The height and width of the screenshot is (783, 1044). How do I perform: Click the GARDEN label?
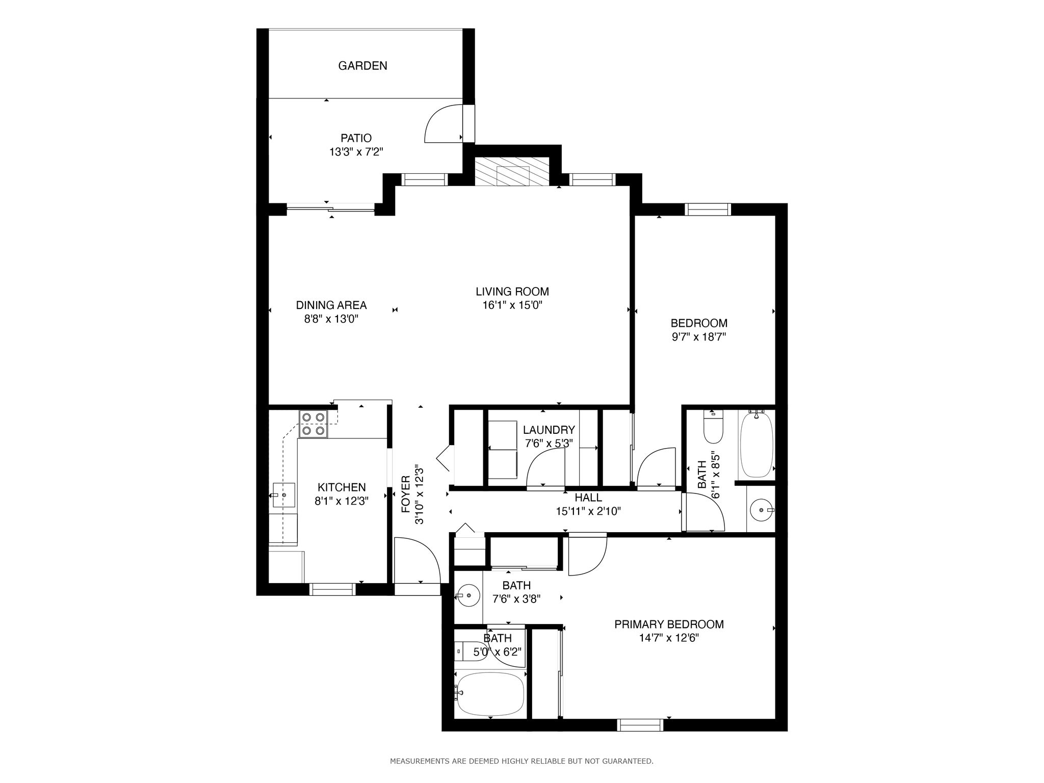point(362,66)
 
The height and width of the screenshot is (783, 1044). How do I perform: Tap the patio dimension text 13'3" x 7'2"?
point(356,151)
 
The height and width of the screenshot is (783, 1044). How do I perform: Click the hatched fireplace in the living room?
point(513,172)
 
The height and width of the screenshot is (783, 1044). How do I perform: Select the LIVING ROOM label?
point(512,292)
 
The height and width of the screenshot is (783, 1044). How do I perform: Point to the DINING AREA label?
point(331,305)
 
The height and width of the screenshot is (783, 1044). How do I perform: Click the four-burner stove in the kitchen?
point(313,424)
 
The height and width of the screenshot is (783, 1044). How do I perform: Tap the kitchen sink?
point(283,495)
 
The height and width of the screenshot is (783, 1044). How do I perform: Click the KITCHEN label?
point(342,488)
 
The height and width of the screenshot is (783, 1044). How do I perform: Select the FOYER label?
point(406,494)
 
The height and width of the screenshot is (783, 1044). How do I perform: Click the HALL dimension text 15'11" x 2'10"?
point(588,511)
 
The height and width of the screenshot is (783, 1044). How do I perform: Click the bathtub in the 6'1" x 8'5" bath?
point(756,445)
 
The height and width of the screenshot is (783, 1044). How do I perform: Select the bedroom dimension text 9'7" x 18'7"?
point(698,336)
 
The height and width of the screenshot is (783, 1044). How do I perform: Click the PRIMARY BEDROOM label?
point(669,624)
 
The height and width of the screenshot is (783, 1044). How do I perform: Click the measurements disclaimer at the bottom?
point(521,761)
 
